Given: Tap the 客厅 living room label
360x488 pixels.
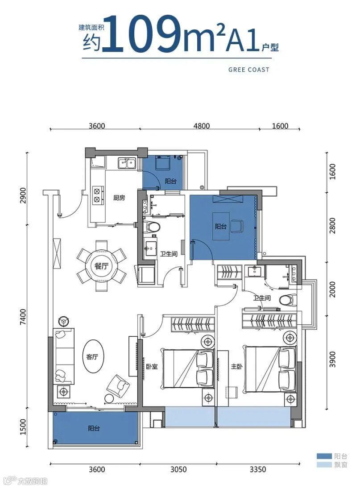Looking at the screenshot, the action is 92,357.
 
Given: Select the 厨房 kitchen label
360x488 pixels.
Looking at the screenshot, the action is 119,198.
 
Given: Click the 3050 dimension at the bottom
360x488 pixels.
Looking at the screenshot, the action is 178,469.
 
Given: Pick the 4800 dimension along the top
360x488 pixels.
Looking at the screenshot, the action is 202,126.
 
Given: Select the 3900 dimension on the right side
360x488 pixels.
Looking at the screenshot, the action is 333,359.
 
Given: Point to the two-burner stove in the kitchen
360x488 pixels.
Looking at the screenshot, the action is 98,194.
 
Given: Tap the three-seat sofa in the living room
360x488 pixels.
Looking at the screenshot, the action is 64,356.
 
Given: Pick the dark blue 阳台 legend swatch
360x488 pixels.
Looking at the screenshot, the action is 324,456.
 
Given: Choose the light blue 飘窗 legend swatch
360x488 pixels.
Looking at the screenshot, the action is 324,465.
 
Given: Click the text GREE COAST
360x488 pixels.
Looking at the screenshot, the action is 248,70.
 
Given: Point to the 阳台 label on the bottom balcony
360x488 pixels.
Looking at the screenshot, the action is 94,428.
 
